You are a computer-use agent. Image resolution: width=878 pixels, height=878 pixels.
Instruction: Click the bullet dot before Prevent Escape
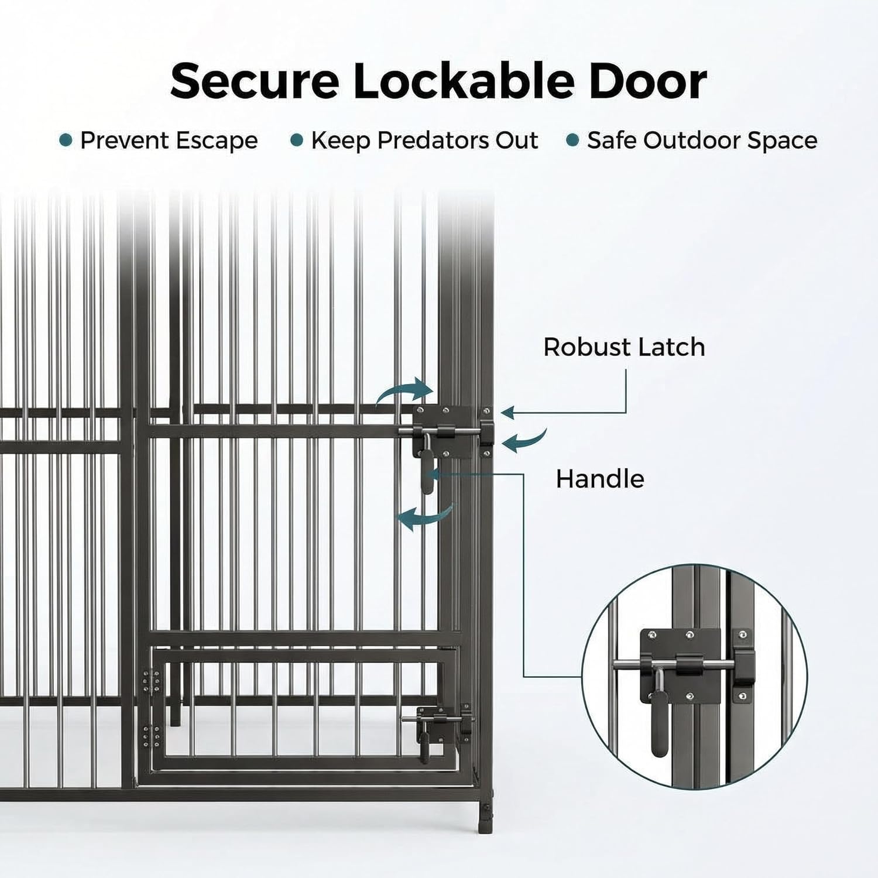click(x=66, y=140)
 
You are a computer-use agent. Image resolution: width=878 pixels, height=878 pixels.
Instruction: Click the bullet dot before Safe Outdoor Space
click(x=573, y=140)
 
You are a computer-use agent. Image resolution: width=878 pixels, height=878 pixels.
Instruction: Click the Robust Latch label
click(x=624, y=347)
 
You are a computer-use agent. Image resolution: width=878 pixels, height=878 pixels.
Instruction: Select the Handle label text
click(x=600, y=479)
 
